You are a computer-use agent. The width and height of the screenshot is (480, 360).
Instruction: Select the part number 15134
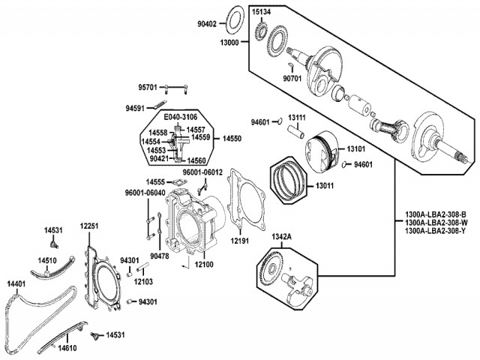(x=262, y=12)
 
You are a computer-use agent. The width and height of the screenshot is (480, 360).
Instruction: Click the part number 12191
(x=239, y=241)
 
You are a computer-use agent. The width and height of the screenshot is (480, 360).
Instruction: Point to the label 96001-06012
(x=203, y=172)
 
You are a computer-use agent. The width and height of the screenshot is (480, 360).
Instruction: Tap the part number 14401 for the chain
(x=17, y=283)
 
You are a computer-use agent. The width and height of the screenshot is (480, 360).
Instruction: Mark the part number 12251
(x=89, y=226)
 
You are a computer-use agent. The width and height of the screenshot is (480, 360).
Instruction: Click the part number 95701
(x=147, y=88)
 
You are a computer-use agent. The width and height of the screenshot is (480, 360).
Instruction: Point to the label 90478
(x=160, y=256)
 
